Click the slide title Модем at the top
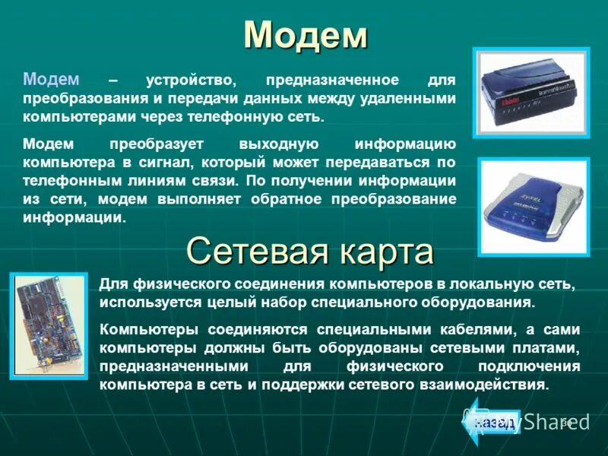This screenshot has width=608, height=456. pos(306,35)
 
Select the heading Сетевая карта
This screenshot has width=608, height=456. pos(309,250)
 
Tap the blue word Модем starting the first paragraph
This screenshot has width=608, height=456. pos(51,80)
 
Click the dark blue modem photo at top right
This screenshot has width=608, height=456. pos(530,93)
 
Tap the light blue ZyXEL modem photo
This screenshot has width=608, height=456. pos(533,207)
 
